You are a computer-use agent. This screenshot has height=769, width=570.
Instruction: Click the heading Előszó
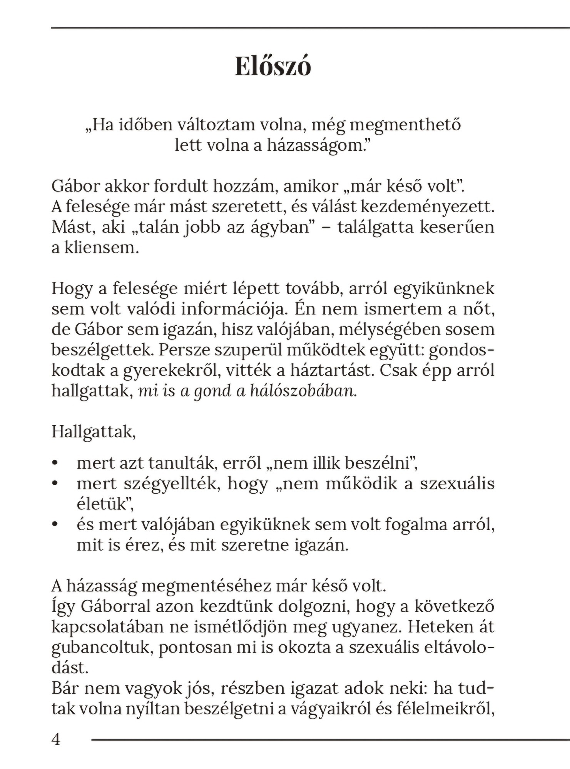tap(273, 67)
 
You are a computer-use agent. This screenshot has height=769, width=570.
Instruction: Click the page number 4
tap(56, 739)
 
